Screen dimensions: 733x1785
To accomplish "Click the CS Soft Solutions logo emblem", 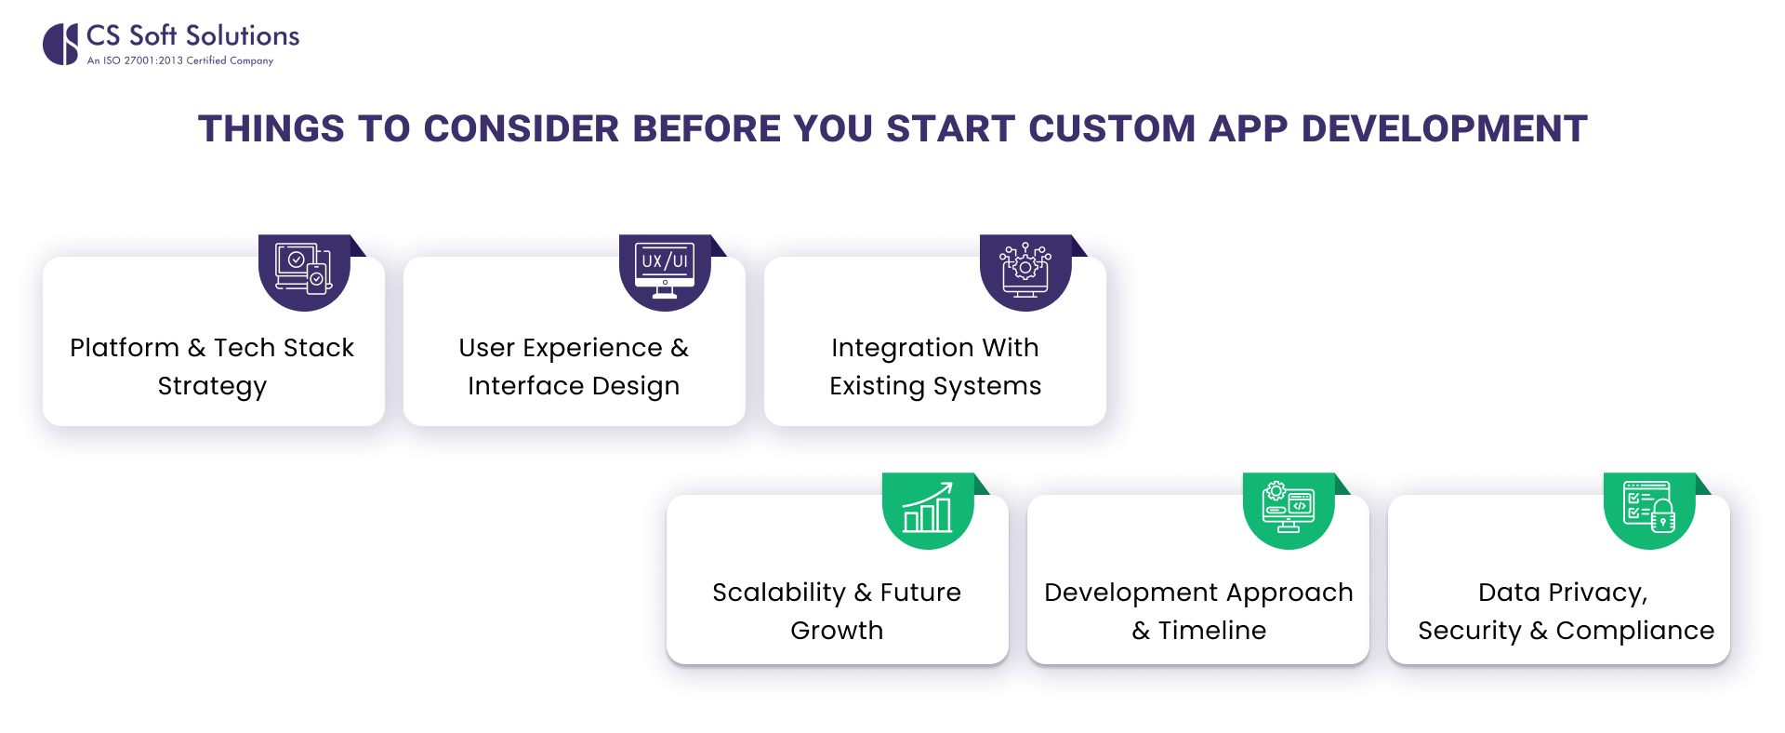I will click(60, 44).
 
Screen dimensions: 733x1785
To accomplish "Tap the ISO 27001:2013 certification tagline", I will click(179, 60).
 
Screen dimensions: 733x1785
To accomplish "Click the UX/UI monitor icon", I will click(665, 270).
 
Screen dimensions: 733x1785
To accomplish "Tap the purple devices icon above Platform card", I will click(304, 270).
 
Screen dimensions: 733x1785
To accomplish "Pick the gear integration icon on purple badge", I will click(1025, 270).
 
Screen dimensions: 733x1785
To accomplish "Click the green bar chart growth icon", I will click(928, 508).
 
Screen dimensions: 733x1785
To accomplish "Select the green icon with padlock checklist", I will click(1649, 508).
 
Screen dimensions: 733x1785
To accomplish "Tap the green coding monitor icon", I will click(1289, 508).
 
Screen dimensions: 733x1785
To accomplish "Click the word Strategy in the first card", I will click(212, 386).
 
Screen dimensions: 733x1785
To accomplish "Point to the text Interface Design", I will click(574, 386).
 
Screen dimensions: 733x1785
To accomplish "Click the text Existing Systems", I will click(935, 386).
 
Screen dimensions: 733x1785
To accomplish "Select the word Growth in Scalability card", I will click(837, 631).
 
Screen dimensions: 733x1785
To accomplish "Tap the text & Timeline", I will click(1198, 631).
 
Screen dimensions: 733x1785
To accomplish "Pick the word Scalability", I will click(778, 593).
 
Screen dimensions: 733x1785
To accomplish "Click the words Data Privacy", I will click(1562, 593).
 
